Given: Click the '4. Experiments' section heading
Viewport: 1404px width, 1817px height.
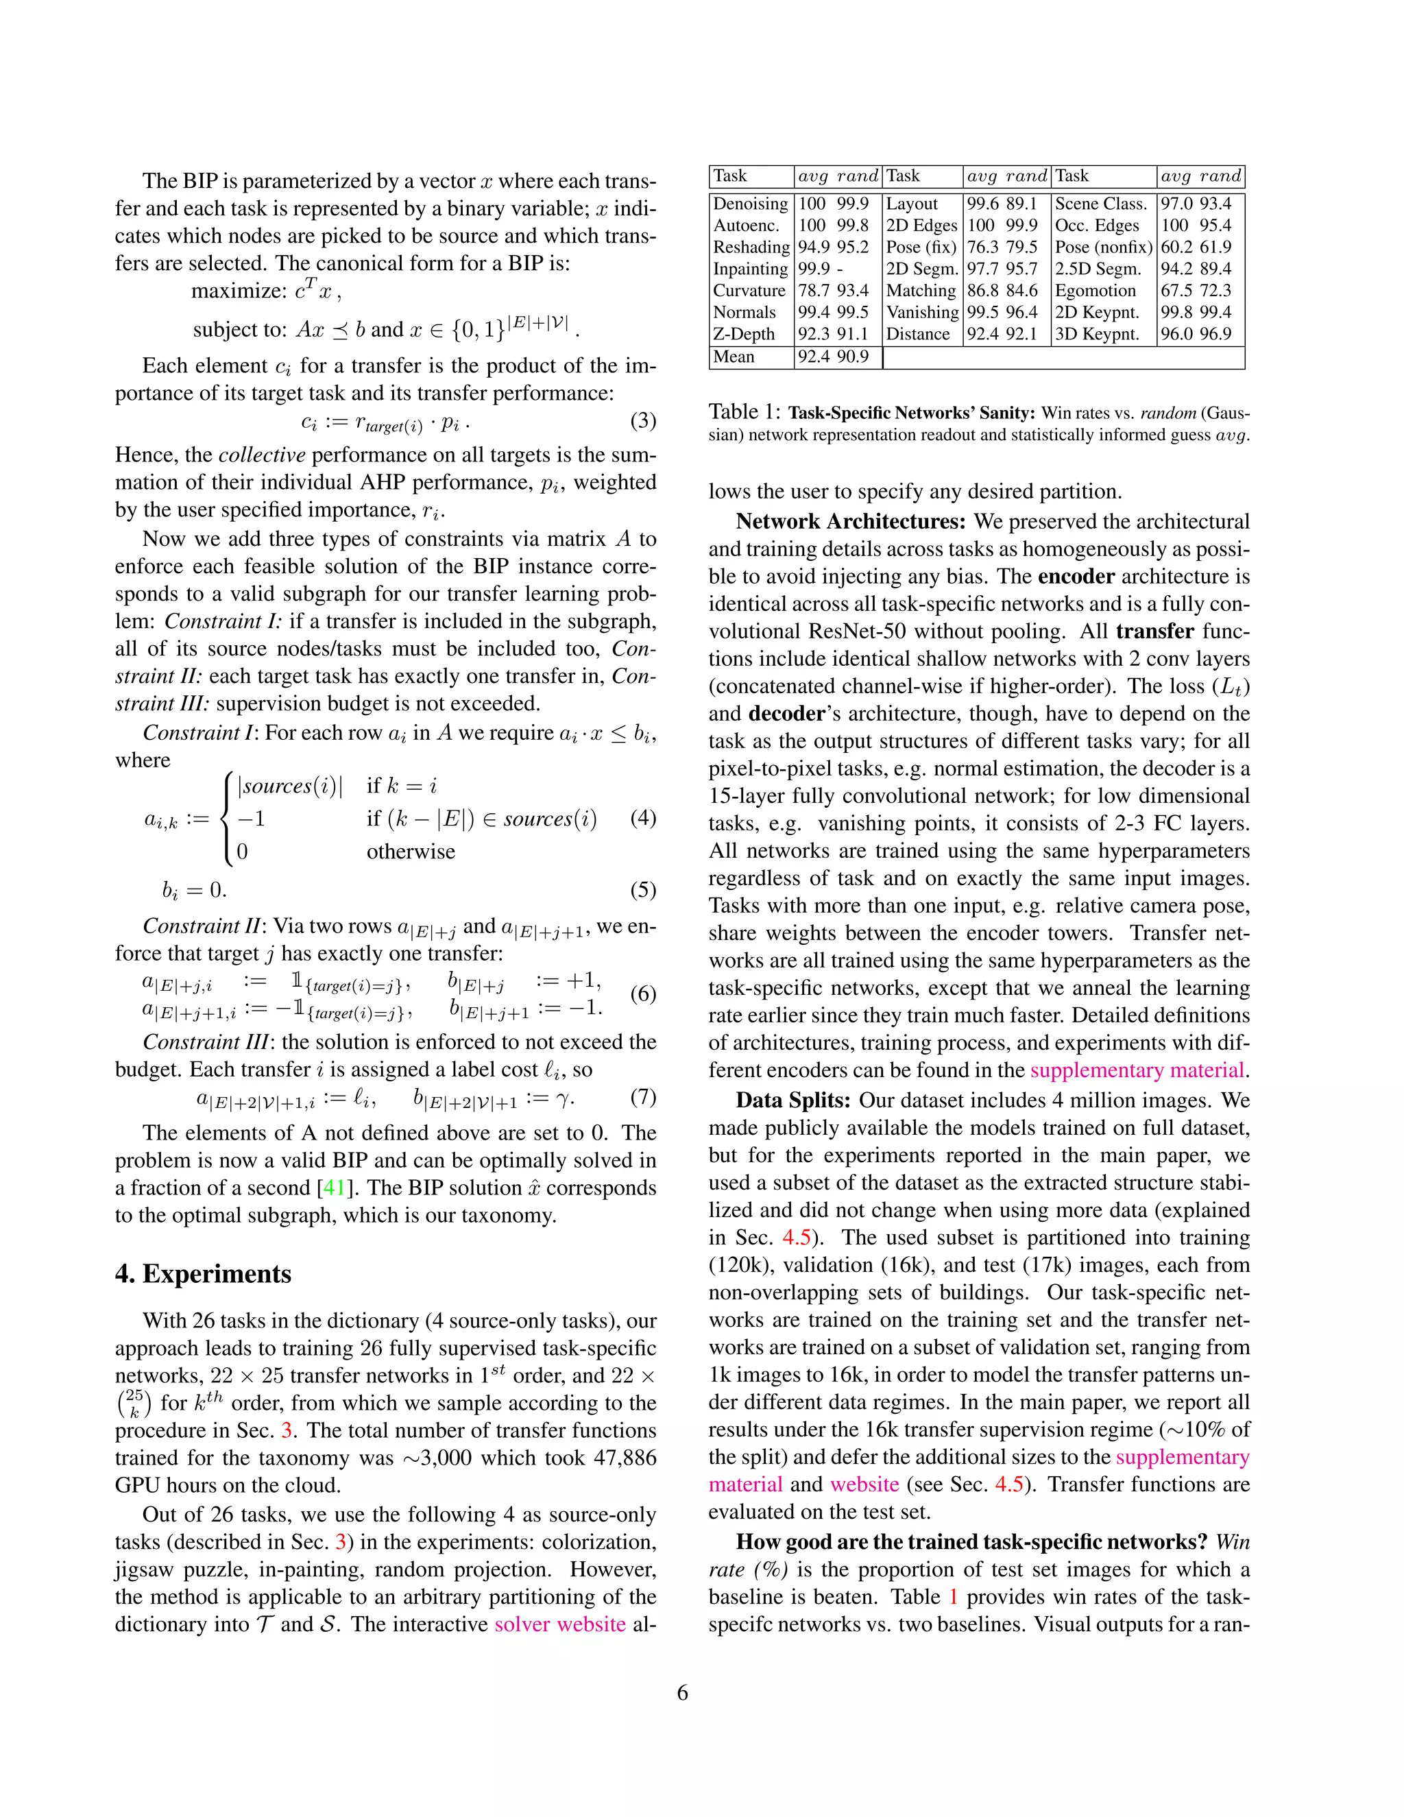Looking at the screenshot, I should tap(203, 1274).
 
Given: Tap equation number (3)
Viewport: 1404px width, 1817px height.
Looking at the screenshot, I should tap(643, 421).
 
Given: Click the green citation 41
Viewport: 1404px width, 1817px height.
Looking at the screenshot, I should tap(334, 1187).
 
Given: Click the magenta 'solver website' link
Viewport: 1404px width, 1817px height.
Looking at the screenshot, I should tap(560, 1624).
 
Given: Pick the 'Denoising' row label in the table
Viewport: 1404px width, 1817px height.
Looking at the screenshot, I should tap(750, 204).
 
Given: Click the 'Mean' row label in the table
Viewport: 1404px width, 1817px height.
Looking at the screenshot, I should tap(734, 357).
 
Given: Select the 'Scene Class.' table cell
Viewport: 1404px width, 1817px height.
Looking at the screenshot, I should tap(1100, 204).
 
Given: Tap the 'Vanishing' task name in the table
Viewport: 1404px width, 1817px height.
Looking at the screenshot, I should tap(921, 312).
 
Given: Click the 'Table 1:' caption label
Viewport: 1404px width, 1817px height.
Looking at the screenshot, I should tap(745, 412).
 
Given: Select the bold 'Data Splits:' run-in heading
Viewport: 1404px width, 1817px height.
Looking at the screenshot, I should tap(792, 1100).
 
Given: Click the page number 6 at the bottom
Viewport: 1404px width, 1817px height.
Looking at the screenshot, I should tap(683, 1693).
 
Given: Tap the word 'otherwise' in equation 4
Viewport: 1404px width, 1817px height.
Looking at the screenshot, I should tap(411, 851).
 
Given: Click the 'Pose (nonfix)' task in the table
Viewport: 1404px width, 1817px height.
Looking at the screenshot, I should tap(1103, 247).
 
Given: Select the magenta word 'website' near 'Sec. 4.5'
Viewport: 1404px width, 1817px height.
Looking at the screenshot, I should tap(864, 1484).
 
